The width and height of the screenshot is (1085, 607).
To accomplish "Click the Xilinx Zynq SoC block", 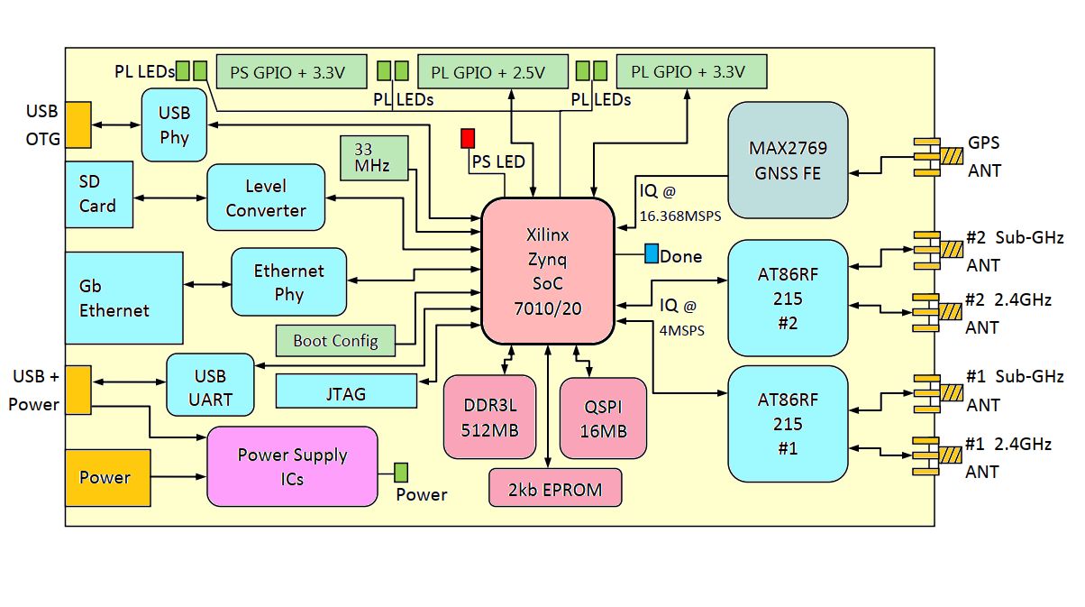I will pos(548,271).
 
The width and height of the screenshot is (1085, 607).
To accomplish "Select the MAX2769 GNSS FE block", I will pos(788,161).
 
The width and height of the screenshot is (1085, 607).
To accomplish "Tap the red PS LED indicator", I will pos(467,138).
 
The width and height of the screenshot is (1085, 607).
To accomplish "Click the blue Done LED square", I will pos(652,254).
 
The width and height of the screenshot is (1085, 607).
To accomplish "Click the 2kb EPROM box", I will pos(555,488).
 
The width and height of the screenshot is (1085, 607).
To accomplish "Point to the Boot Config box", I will pos(335,341).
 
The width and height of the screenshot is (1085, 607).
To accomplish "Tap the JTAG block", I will pos(346,391).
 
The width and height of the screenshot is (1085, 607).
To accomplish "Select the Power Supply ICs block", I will pos(292,466).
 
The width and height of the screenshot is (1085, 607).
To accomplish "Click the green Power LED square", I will pos(400,472).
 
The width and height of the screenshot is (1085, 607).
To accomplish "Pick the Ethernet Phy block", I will pos(289,282).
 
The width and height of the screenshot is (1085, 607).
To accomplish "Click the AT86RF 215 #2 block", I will pos(788,298).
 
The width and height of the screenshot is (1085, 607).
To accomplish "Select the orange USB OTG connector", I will pos(77,124).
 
